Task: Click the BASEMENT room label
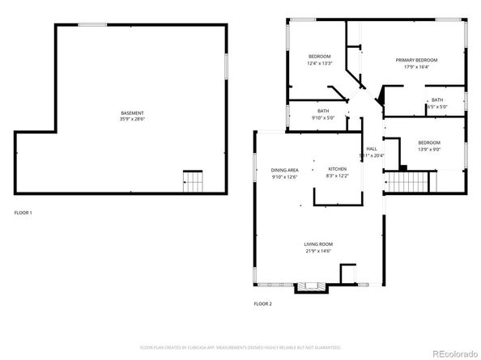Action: point(133,112)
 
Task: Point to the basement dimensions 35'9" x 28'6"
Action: point(133,119)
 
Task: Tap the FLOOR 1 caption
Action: point(23,212)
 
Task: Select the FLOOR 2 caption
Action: point(263,303)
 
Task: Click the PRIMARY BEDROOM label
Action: point(416,60)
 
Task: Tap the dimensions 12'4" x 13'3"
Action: point(320,63)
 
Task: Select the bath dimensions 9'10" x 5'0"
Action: point(322,117)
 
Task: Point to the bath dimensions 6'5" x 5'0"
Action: point(437,106)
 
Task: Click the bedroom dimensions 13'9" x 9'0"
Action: point(428,148)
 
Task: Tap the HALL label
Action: point(372,149)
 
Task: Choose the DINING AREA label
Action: point(285,170)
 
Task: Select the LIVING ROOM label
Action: point(318,244)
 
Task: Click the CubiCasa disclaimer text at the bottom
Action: point(240,347)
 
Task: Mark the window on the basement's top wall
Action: point(92,24)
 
